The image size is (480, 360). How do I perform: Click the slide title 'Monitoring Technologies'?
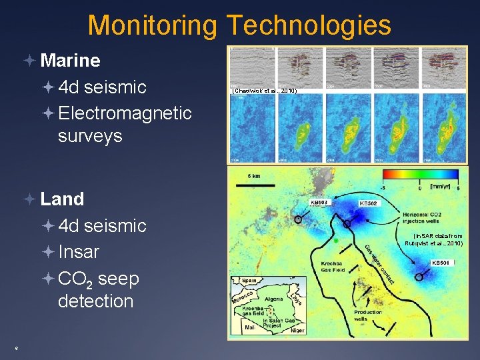[x=239, y=25]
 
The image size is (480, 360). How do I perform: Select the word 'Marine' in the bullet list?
[x=70, y=61]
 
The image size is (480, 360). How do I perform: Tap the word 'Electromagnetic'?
[x=125, y=113]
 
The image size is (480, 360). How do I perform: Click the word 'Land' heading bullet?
[x=62, y=199]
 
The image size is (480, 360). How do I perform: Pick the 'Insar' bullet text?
[x=79, y=252]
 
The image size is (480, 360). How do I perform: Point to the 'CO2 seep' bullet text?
[x=99, y=278]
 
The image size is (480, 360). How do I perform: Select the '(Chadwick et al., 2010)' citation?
[x=263, y=90]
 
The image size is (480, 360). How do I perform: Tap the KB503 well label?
[x=319, y=203]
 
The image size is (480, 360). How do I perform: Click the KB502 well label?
[x=369, y=203]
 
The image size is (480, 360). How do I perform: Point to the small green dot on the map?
[x=337, y=241]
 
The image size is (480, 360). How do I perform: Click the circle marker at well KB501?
[x=419, y=277]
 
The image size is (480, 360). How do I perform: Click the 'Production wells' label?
[x=367, y=315]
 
